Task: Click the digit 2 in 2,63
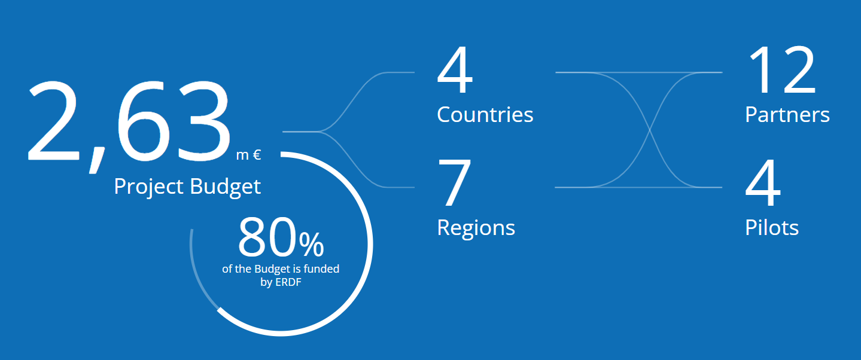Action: [53, 120]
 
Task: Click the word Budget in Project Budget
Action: [225, 187]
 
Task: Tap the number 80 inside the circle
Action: [267, 237]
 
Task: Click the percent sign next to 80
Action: [312, 245]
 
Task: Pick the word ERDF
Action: [288, 282]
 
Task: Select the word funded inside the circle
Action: [321, 269]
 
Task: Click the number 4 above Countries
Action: [455, 69]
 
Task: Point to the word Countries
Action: [485, 114]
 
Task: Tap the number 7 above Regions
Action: [454, 182]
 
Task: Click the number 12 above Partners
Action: [782, 69]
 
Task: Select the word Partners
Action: [787, 114]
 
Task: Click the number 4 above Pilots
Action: [763, 182]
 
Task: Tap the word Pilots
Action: [772, 227]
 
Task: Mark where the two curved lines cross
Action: [650, 130]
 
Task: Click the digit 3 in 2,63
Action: [203, 120]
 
